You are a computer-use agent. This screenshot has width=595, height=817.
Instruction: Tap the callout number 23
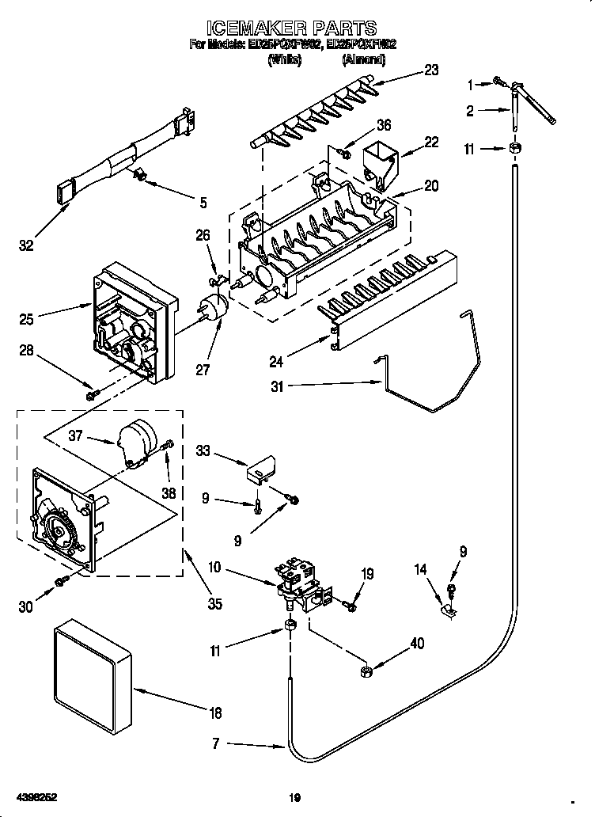430,70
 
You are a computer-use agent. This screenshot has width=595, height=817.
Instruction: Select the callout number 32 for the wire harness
26,246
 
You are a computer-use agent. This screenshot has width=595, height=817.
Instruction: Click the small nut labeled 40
367,671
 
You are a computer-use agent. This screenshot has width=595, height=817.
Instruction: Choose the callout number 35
214,603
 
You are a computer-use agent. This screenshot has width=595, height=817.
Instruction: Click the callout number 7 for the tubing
216,743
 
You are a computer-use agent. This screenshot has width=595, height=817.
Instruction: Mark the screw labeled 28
93,392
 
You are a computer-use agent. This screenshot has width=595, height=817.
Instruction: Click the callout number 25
26,320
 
